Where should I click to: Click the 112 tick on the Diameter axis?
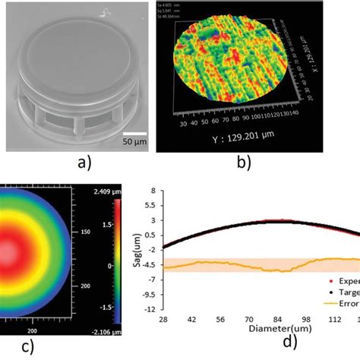[335, 321]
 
